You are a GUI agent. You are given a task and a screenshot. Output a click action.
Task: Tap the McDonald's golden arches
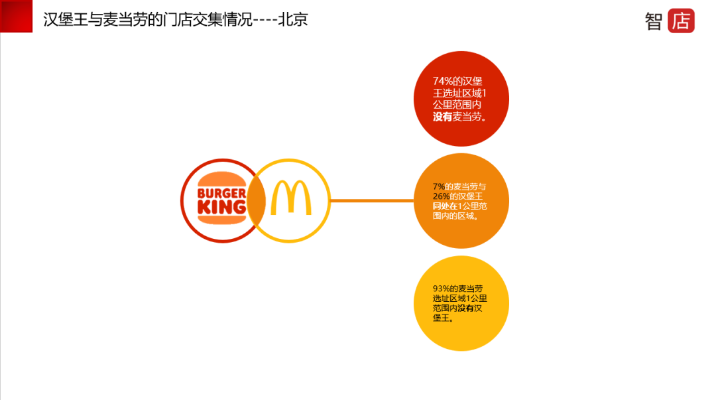click(x=290, y=198)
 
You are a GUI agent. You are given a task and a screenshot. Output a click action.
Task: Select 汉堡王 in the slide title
click(x=66, y=20)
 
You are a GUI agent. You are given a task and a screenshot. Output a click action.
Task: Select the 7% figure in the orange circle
click(x=438, y=186)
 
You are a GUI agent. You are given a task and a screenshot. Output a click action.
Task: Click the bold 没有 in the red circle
click(x=442, y=117)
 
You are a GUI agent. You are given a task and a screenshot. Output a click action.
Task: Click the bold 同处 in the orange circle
click(x=442, y=206)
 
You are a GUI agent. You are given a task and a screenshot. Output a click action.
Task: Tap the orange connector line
click(x=371, y=200)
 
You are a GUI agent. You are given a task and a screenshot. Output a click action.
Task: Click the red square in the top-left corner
click(x=16, y=16)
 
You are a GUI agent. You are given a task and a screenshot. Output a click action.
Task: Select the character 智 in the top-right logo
click(x=654, y=21)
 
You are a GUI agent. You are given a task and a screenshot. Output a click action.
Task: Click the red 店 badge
click(x=681, y=21)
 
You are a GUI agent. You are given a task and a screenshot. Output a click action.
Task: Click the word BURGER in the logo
click(x=222, y=194)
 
